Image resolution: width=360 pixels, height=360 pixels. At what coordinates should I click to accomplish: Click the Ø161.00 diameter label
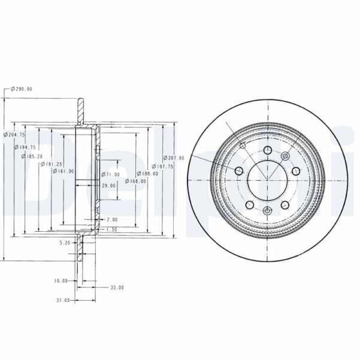pyautogui.click(x=63, y=171)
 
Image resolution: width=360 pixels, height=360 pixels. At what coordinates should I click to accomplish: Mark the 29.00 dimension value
pyautogui.click(x=108, y=186)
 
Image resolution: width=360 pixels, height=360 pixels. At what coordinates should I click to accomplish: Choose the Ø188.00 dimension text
pyautogui.click(x=148, y=174)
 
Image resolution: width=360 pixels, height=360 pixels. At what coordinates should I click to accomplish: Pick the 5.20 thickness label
pyautogui.click(x=65, y=243)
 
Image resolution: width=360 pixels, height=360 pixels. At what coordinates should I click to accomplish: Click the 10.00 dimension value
pyautogui.click(x=60, y=280)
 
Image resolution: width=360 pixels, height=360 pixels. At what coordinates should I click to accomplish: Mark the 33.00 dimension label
pyautogui.click(x=117, y=288)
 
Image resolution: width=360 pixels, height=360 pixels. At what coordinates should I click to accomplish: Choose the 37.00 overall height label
pyautogui.click(x=62, y=300)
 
